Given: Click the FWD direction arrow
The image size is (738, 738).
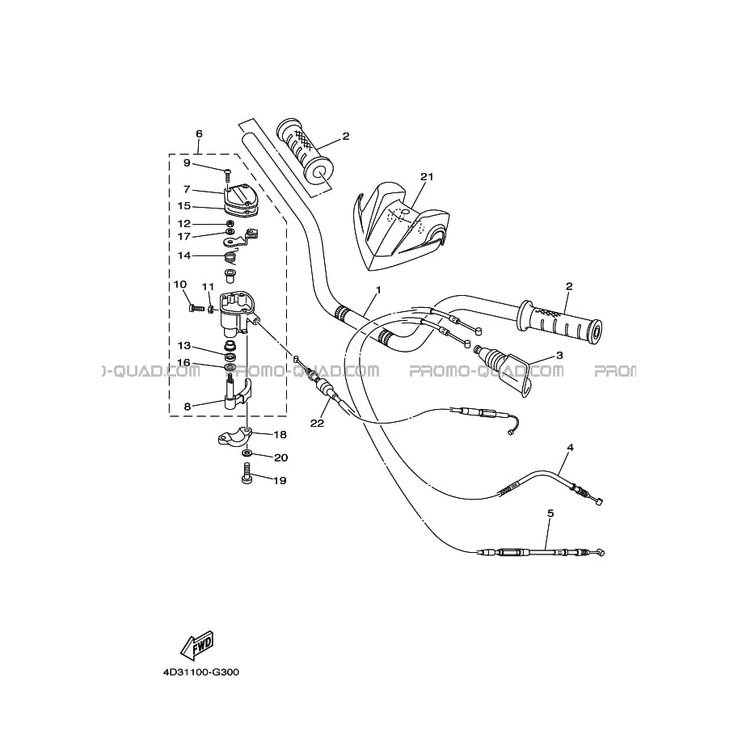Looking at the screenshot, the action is (198, 643).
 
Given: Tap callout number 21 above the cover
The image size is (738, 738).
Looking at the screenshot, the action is (427, 176).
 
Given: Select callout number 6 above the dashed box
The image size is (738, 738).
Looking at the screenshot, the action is (199, 133).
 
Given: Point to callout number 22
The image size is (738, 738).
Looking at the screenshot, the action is (317, 423).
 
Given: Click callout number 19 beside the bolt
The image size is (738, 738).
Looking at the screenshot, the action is (280, 480).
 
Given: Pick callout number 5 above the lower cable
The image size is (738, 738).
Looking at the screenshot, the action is (550, 513).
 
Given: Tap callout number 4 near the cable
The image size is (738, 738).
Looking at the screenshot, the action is (570, 447).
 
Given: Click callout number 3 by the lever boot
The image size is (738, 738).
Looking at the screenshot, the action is (559, 355).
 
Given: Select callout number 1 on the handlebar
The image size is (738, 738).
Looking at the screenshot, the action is (378, 290).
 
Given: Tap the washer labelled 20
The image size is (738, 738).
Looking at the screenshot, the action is (247, 453).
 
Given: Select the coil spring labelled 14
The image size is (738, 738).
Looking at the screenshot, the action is (230, 258).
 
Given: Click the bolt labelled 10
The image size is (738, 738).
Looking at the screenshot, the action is (194, 308).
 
